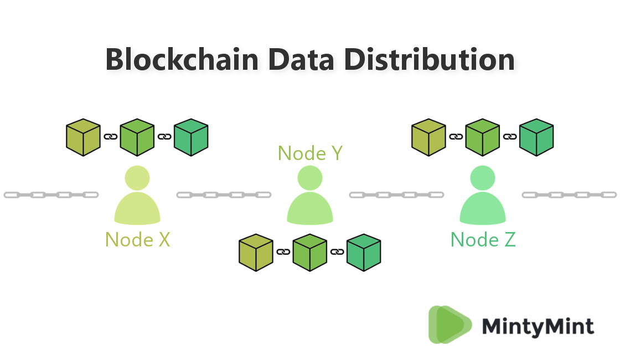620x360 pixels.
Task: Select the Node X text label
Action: click(x=137, y=239)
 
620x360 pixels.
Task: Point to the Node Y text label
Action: click(x=310, y=153)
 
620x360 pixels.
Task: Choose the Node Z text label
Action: click(x=483, y=239)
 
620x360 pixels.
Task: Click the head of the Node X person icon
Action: click(x=137, y=177)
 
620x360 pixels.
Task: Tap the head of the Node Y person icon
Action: click(x=310, y=178)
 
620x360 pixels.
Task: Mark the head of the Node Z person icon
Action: click(x=483, y=178)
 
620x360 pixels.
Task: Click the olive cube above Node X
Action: click(x=83, y=137)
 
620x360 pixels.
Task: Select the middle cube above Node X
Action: click(x=137, y=137)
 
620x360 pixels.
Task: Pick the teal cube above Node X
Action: click(x=191, y=137)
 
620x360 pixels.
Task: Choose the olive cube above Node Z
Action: click(x=428, y=137)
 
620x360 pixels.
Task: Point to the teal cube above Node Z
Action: click(x=536, y=137)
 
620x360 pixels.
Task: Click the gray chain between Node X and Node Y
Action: click(x=224, y=194)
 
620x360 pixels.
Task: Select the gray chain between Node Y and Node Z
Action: click(x=396, y=194)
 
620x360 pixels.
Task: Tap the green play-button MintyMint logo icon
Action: click(x=449, y=325)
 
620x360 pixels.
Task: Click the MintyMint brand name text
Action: click(x=538, y=326)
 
